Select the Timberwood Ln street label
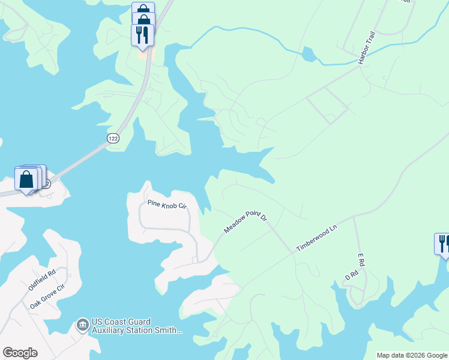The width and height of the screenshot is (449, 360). [318, 238]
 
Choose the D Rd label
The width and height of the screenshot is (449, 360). [351, 275]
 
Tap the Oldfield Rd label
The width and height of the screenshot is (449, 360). [42, 280]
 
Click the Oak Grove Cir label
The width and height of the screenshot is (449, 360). [49, 297]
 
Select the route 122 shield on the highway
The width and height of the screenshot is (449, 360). [112, 139]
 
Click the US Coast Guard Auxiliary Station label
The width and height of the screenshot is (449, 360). [137, 326]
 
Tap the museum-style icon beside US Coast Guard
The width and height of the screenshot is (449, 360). [82, 326]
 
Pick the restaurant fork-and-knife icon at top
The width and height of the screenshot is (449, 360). [142, 34]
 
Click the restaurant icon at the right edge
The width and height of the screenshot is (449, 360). [442, 244]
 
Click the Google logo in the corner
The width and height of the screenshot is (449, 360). [20, 353]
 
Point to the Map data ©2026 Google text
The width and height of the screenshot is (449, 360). [411, 355]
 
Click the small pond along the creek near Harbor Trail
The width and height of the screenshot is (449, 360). [309, 56]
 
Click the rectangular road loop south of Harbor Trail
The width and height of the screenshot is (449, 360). [328, 105]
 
